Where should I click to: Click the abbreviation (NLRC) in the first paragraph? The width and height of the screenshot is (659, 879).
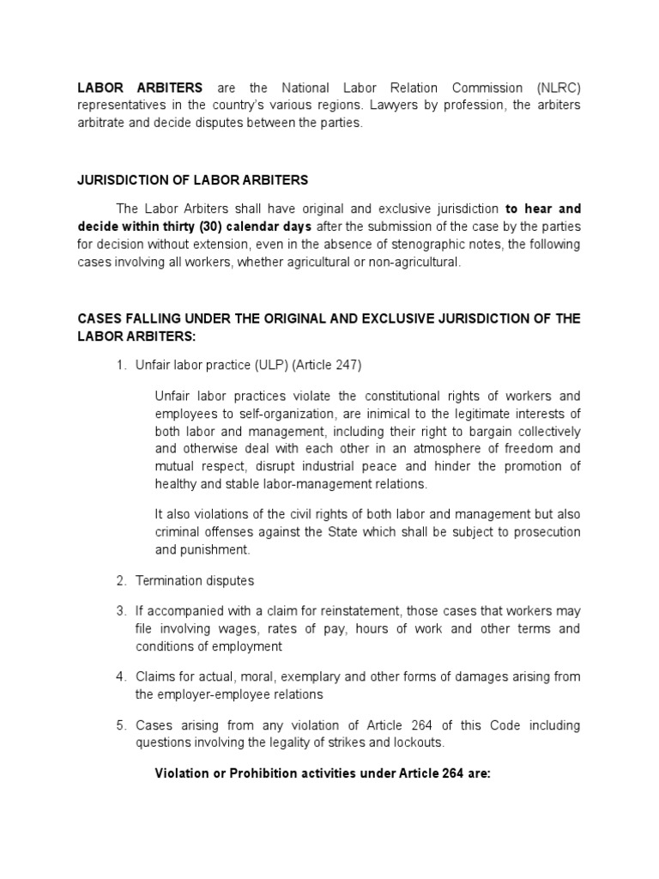point(558,88)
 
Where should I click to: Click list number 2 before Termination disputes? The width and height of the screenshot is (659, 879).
point(121,581)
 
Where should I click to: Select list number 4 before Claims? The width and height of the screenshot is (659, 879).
point(121,677)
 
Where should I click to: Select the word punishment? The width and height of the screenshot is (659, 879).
point(220,549)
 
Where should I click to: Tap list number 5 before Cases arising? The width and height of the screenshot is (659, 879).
point(121,725)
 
